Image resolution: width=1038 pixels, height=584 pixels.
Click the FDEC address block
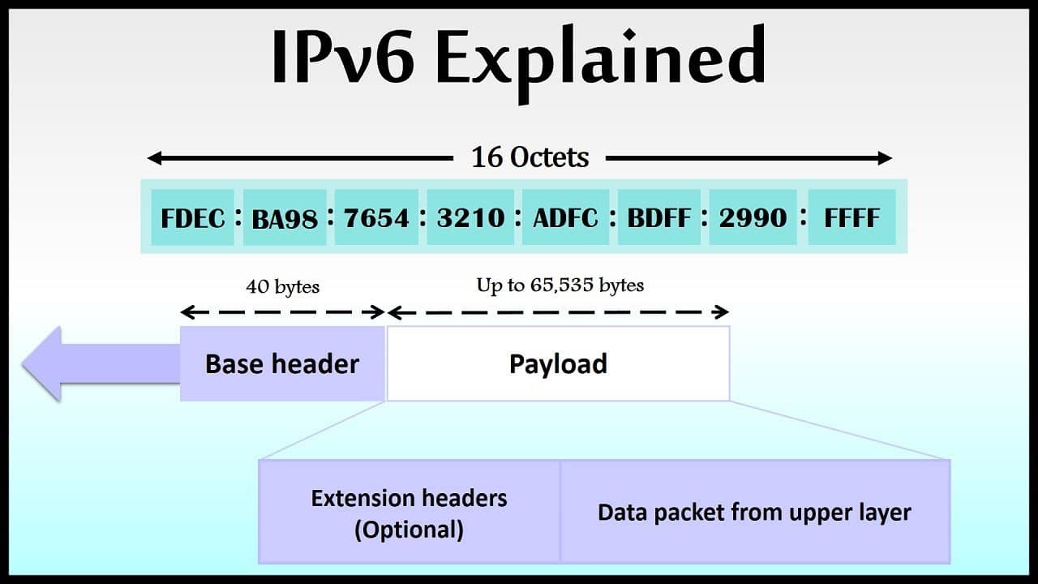click(192, 217)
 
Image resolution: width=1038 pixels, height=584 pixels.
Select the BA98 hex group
click(285, 217)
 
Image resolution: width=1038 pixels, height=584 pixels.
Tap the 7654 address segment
click(376, 217)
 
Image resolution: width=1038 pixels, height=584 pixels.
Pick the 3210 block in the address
click(470, 217)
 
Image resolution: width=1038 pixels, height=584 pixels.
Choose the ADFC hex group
click(565, 217)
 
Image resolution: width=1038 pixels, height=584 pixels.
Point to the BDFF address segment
click(659, 217)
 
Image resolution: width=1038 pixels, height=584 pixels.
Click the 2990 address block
click(753, 217)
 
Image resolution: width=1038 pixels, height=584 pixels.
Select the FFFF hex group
click(851, 217)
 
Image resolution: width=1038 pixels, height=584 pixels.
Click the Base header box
click(282, 364)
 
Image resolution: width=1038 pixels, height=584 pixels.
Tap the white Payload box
click(558, 364)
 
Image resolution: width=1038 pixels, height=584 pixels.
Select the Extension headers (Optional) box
click(410, 512)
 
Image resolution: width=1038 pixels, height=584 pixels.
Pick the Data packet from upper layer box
click(755, 512)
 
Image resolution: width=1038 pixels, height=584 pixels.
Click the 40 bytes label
click(283, 287)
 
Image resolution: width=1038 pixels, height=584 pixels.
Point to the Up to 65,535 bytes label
click(560, 286)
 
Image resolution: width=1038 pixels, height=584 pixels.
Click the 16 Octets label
click(530, 157)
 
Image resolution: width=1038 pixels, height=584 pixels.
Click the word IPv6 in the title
click(342, 57)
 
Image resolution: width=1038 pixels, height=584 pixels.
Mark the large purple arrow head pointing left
click(41, 364)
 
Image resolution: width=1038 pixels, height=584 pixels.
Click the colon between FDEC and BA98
click(238, 217)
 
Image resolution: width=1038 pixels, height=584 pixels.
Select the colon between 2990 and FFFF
click(803, 217)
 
